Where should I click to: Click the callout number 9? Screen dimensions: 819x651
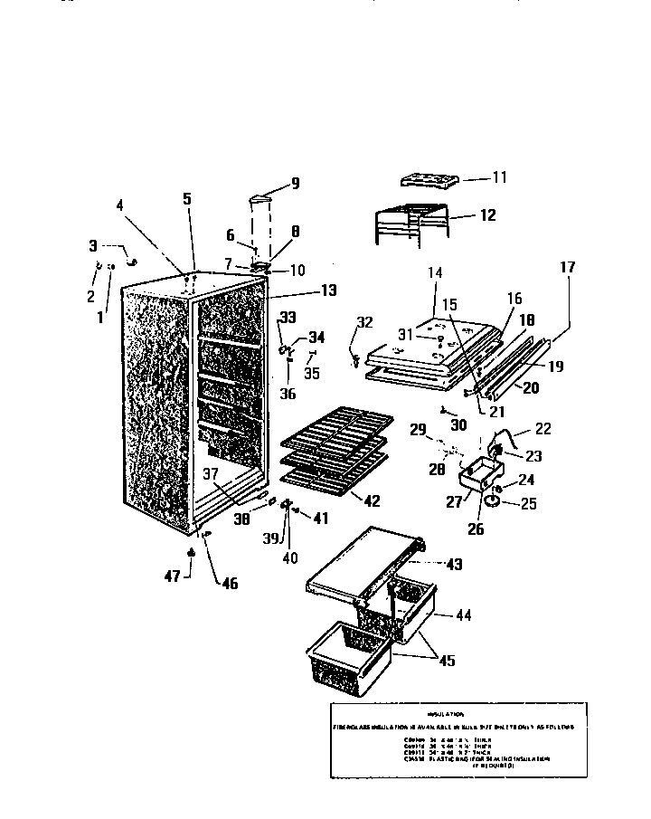[295, 185]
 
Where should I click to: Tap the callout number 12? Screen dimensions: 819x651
[488, 215]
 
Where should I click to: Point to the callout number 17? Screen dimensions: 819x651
[567, 268]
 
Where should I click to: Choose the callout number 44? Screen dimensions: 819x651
[464, 614]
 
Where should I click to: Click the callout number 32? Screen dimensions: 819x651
[364, 323]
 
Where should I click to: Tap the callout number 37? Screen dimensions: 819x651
[211, 472]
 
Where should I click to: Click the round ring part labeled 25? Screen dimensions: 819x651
[492, 501]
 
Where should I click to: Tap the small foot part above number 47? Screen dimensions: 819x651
[191, 552]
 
